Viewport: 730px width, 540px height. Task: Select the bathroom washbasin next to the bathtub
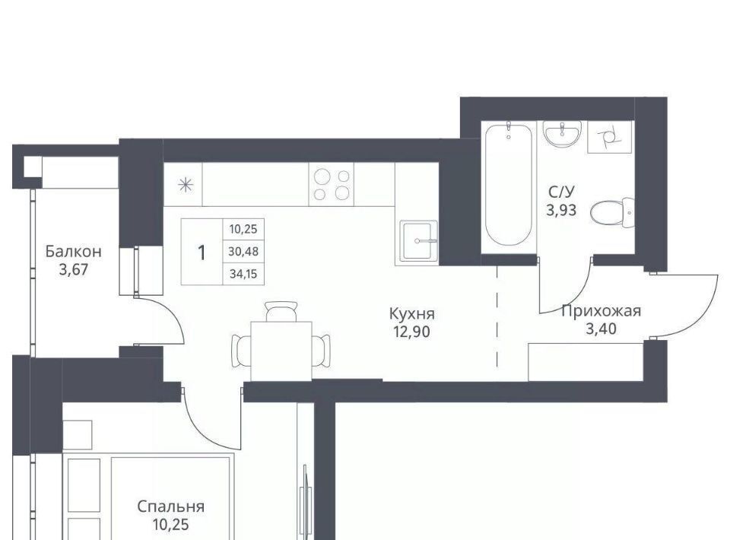coord(562,134)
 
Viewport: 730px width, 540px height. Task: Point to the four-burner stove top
coord(332,184)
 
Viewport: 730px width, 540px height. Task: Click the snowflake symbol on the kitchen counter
coord(186,186)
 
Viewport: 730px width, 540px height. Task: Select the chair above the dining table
coord(281,311)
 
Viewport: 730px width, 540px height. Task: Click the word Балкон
coord(73,252)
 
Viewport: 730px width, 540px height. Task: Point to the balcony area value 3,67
coord(74,269)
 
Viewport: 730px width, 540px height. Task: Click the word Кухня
coord(411,314)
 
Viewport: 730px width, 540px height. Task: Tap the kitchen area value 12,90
coord(411,332)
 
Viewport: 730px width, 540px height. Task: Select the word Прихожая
coord(601,311)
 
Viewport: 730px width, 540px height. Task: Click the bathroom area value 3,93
coord(561,211)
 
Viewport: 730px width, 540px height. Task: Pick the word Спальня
coord(171,507)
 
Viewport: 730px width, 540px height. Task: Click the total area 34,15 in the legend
coord(243,274)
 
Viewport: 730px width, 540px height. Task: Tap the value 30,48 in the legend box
coord(243,252)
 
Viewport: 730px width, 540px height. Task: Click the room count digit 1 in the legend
coord(202,253)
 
